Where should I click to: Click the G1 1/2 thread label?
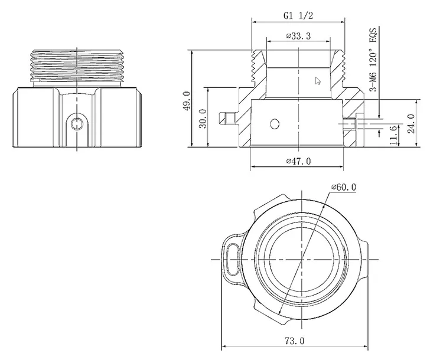pyautogui.click(x=298, y=15)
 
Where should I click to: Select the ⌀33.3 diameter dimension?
pyautogui.click(x=298, y=36)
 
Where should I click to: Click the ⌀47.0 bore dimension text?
pyautogui.click(x=298, y=161)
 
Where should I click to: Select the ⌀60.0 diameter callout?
pyautogui.click(x=343, y=187)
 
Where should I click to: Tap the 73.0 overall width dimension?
pyautogui.click(x=294, y=341)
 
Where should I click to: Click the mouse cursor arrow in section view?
pyautogui.click(x=318, y=81)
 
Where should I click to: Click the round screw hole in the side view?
pyautogui.click(x=77, y=122)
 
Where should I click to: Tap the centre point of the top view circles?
pyautogui.click(x=301, y=259)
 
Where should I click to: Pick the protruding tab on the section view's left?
pyautogui.click(x=225, y=118)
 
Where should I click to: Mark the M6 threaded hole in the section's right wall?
pyautogui.click(x=349, y=123)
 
